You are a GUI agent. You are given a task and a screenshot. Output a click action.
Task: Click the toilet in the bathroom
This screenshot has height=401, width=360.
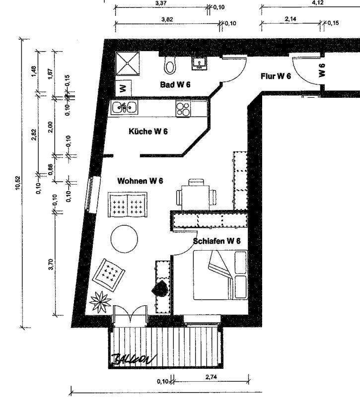coord(170,65)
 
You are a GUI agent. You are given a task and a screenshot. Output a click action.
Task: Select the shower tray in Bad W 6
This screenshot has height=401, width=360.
coord(128,64)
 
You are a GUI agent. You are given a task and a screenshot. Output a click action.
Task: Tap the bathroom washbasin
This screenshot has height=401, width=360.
coord(199,64)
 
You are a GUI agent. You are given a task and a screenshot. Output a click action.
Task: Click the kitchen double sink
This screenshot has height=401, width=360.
coord(124,107)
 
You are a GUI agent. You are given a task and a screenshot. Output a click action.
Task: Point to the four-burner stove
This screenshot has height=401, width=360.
coord(183,108)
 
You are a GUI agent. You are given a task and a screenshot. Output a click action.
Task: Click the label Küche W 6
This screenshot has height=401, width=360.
coord(148,132)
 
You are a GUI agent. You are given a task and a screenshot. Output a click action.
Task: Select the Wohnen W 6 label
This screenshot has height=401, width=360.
coord(140,181)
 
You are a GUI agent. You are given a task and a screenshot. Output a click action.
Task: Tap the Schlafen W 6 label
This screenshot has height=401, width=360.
coord(216,241)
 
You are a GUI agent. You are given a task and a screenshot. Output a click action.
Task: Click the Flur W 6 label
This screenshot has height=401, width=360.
coord(276,76)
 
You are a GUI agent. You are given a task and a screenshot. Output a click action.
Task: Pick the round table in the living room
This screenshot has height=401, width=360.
coord(124,239)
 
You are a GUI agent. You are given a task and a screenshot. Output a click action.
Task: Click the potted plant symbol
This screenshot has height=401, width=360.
coord(100,302)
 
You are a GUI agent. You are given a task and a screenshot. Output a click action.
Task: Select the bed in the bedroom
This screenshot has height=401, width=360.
coord(220,275)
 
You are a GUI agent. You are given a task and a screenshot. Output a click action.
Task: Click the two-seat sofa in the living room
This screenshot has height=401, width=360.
coord(128,205)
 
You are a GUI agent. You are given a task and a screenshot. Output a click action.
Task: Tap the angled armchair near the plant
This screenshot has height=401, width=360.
coord(109,275)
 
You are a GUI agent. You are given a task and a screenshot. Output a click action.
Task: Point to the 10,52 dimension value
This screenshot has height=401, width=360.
coord(18,183)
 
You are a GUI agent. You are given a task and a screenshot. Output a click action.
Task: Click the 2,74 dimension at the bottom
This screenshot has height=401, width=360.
coord(211,377)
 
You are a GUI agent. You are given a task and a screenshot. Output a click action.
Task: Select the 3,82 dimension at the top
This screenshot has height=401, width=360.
coord(167,19)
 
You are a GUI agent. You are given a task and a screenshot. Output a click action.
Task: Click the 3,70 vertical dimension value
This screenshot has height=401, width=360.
coord(51,264)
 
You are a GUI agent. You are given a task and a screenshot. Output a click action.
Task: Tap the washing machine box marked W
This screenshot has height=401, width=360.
coord(123,88)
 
